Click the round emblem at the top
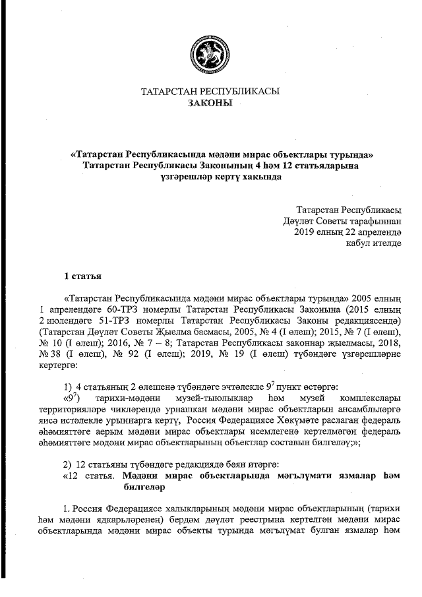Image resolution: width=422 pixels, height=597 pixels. click(210, 53)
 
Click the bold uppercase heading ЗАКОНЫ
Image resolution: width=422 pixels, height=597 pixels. click(210, 104)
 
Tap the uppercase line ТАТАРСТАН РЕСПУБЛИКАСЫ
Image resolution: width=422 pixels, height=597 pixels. click(210, 92)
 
